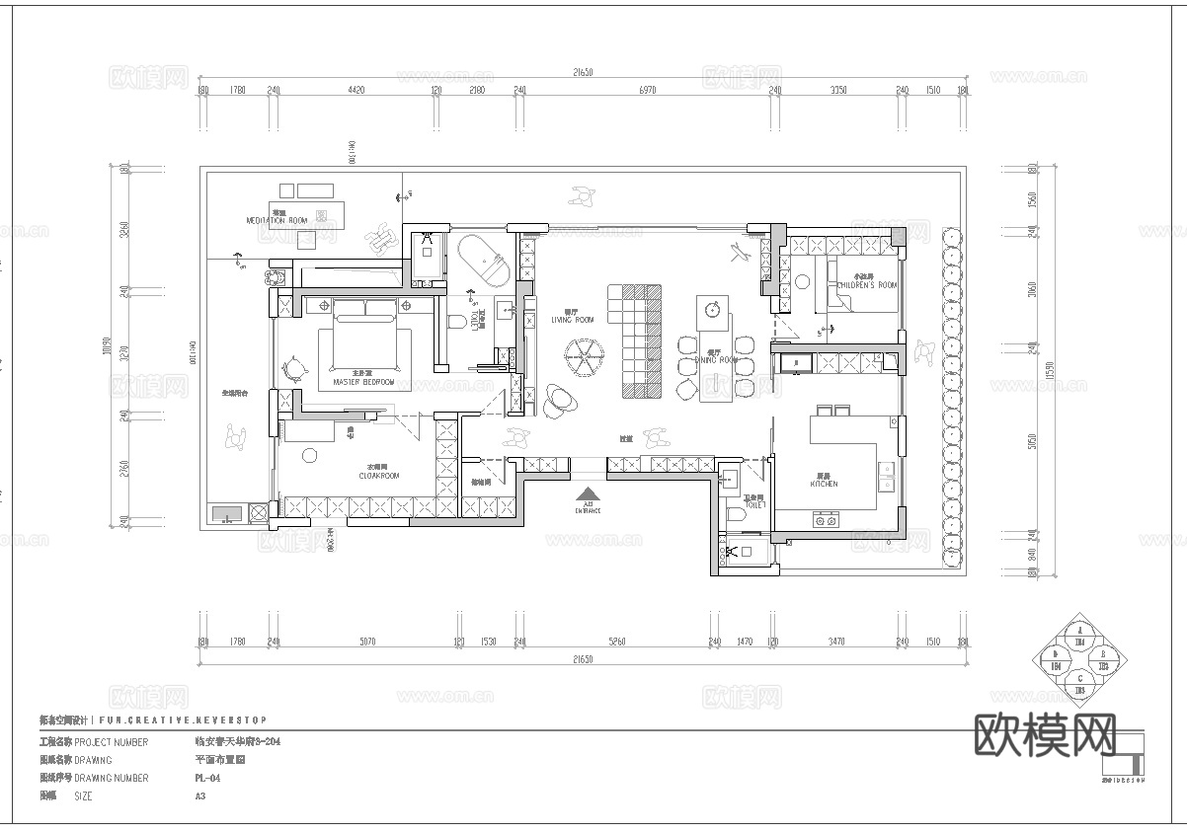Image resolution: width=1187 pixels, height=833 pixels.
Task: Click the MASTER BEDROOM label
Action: coord(363,380)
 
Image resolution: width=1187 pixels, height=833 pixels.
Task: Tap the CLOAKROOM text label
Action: coord(379,475)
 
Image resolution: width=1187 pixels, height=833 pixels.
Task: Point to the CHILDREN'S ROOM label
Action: coord(867,284)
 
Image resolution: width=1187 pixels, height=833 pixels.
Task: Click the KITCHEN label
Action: coord(824,484)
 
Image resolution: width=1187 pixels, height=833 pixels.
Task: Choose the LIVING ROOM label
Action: coord(572,319)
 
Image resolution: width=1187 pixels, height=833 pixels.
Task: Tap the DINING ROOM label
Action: coord(716,359)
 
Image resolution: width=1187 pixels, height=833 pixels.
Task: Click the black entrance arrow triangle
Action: coord(588,493)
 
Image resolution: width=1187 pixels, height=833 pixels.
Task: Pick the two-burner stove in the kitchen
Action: coord(825,519)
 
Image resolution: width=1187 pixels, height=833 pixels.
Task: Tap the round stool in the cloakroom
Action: coord(309,454)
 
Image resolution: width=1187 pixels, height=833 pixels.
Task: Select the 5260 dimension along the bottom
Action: coord(617,643)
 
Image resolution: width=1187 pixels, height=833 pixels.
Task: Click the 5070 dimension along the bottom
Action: coord(367,643)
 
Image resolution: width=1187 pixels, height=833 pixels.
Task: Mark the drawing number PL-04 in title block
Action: coord(207,778)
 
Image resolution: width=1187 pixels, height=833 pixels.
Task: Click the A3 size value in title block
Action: coord(201,795)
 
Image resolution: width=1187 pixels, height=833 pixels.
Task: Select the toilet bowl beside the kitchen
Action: coord(733,513)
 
